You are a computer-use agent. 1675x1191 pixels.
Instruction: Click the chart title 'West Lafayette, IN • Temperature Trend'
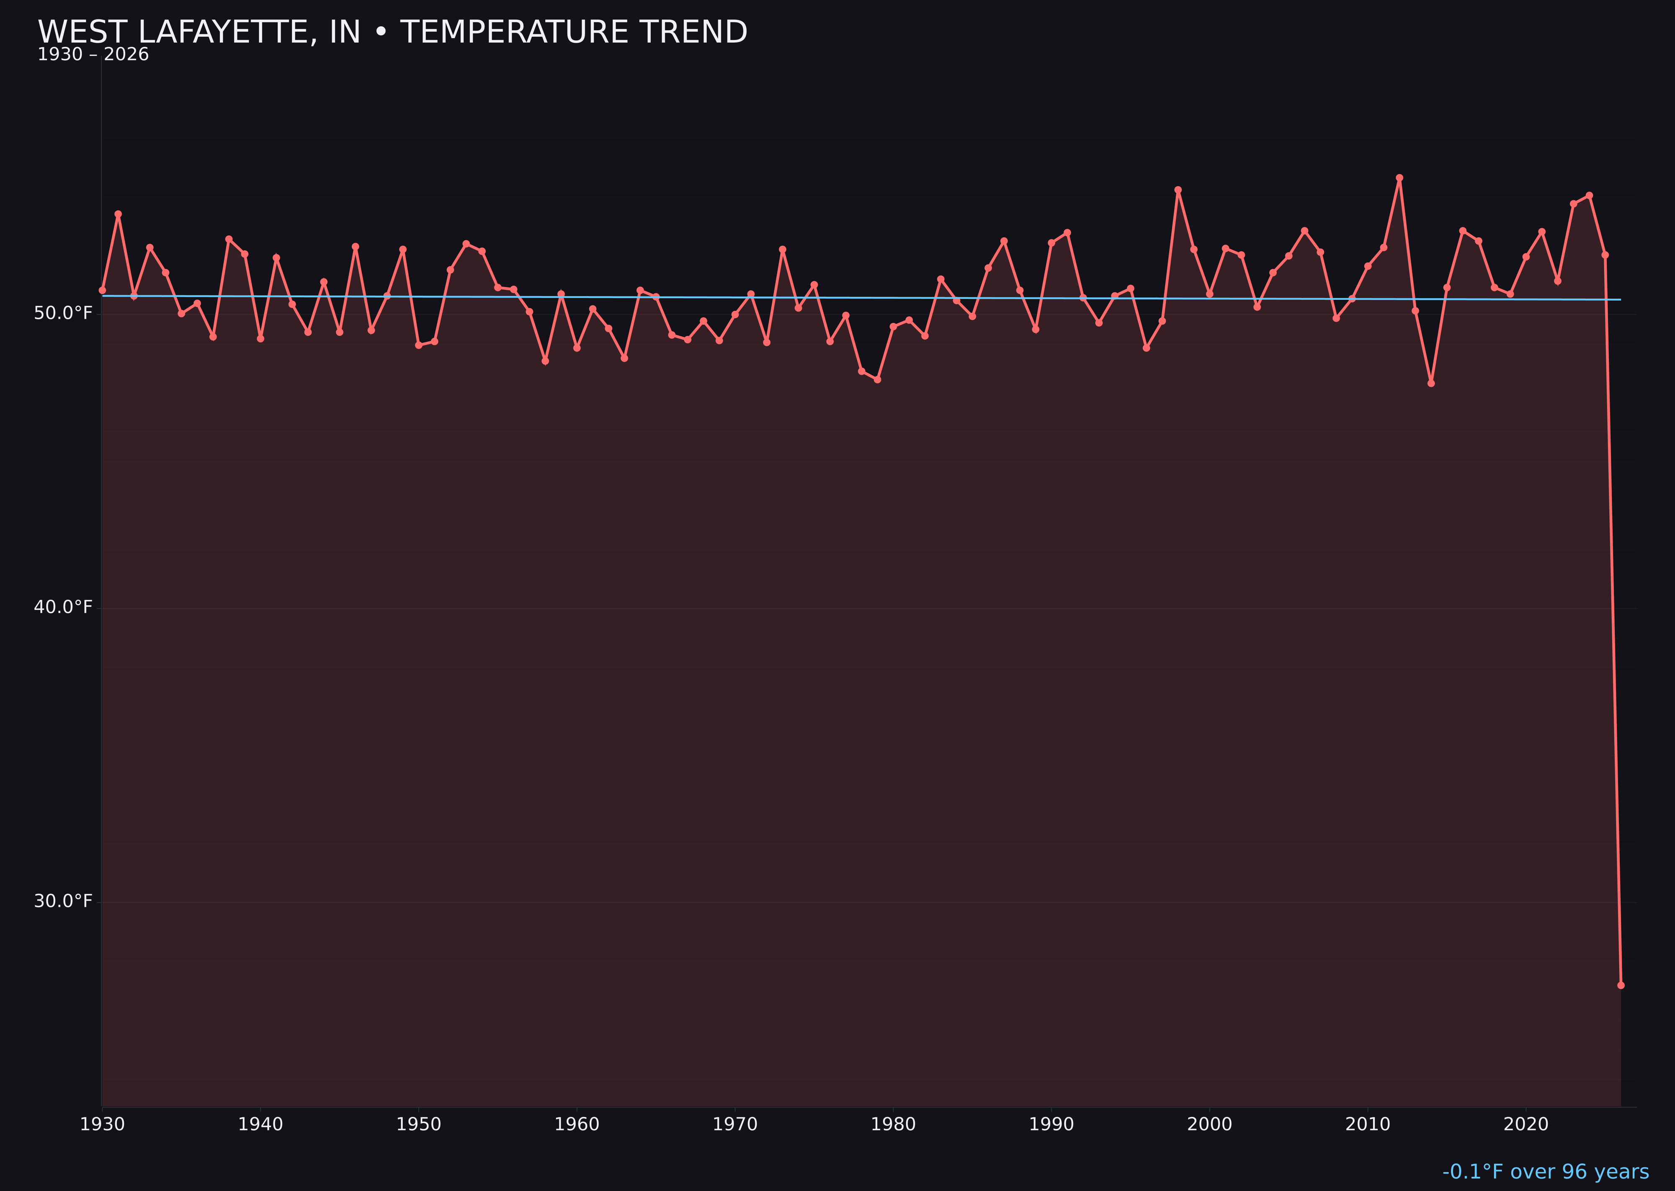pos(392,32)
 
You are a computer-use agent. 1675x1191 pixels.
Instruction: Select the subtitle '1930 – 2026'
pos(93,55)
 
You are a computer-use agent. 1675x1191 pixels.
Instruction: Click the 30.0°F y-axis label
pos(63,901)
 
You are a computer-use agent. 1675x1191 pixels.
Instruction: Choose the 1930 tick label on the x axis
pos(102,1125)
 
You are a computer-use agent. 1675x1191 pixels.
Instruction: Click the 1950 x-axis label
pos(419,1125)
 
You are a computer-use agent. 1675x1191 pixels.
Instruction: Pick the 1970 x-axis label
pos(735,1125)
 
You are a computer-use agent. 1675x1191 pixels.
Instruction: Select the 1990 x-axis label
pos(1051,1125)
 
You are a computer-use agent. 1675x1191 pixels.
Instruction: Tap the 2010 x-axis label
pos(1368,1125)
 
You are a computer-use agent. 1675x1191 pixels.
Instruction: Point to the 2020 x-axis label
pos(1526,1125)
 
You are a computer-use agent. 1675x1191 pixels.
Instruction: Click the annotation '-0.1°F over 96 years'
pos(1545,1172)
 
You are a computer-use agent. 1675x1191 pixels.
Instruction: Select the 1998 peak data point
pos(1178,190)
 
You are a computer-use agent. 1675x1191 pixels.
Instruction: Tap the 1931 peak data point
pos(118,214)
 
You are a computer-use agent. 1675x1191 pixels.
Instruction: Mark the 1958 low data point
pos(545,361)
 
